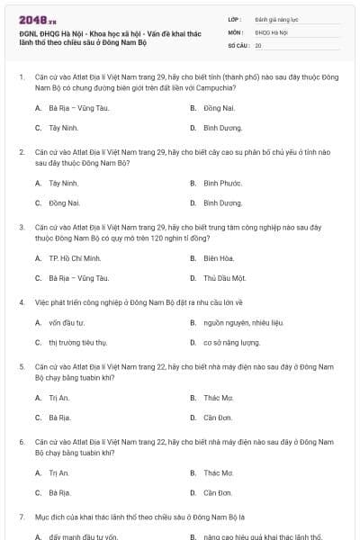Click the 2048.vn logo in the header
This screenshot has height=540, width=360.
click(32, 19)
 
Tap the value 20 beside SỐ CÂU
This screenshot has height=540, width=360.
click(258, 44)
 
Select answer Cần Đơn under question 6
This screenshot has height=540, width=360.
click(218, 492)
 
